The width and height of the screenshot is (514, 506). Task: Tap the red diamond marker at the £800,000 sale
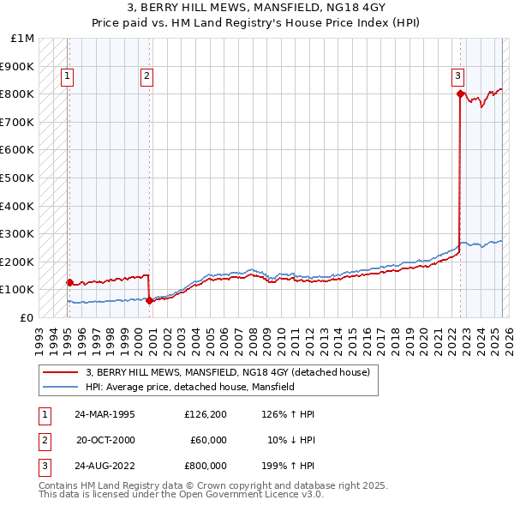click(460, 93)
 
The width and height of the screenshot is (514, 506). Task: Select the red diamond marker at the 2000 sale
click(149, 300)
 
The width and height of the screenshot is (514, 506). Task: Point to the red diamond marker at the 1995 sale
click(69, 281)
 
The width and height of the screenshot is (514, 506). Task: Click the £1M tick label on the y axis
click(23, 39)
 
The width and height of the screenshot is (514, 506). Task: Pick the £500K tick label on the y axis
click(19, 178)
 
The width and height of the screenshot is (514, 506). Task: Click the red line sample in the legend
click(61, 372)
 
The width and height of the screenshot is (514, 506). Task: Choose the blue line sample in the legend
click(61, 387)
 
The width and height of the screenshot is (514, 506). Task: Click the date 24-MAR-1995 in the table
click(105, 414)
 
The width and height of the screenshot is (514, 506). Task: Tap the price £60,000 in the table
click(208, 440)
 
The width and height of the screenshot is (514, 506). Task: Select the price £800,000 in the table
click(206, 466)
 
